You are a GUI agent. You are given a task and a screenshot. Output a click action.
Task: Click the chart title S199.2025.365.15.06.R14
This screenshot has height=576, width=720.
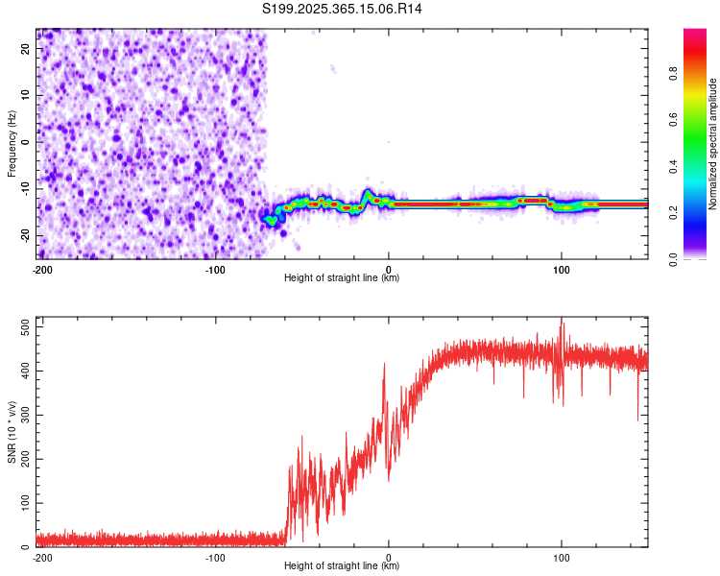(x=343, y=9)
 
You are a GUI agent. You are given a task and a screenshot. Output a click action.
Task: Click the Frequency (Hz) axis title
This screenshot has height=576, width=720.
(x=12, y=142)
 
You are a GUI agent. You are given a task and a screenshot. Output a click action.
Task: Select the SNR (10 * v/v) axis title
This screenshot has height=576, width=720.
(x=12, y=433)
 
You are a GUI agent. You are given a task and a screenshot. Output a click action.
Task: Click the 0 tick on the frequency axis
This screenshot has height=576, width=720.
(x=27, y=142)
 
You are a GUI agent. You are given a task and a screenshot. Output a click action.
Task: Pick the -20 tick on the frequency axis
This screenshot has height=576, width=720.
(x=27, y=235)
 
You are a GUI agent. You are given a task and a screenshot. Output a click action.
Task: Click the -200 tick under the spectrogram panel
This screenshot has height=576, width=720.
(x=42, y=270)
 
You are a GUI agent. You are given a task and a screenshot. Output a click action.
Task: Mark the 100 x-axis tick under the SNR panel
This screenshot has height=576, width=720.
(x=562, y=558)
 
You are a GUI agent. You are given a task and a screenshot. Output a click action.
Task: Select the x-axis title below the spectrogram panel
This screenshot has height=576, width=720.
(x=343, y=278)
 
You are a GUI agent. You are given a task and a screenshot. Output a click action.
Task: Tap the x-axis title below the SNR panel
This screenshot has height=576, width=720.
(x=343, y=566)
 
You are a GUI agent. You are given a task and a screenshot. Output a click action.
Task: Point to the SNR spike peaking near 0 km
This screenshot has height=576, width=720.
(x=384, y=365)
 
